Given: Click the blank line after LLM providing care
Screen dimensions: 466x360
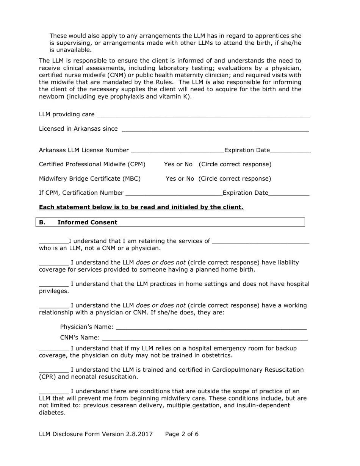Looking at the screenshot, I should [x=203, y=115].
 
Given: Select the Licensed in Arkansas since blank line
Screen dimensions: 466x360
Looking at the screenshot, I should [x=215, y=130].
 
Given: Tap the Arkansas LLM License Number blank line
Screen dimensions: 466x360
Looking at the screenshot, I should [x=177, y=151].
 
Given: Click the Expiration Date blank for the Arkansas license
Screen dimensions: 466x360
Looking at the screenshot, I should [x=291, y=151].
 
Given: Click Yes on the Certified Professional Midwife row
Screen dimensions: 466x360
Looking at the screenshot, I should [x=169, y=164].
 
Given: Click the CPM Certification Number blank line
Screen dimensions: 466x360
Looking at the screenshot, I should [x=174, y=193].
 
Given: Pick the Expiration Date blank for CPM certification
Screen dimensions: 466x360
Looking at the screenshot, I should [x=289, y=193].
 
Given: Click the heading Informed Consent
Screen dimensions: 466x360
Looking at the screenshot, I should [x=87, y=222].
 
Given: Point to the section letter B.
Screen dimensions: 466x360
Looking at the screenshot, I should [x=42, y=222].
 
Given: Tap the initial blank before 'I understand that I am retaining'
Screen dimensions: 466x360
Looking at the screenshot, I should [x=53, y=242].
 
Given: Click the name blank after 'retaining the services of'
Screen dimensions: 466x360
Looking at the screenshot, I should [x=261, y=242].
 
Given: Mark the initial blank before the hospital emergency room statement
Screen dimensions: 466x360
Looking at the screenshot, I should [x=53, y=349].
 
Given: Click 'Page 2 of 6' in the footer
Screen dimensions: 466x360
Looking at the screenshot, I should [x=182, y=434].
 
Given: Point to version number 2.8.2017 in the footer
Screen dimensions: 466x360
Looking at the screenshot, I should [x=139, y=434].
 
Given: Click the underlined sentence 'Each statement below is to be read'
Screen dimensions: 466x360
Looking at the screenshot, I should [x=141, y=207].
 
